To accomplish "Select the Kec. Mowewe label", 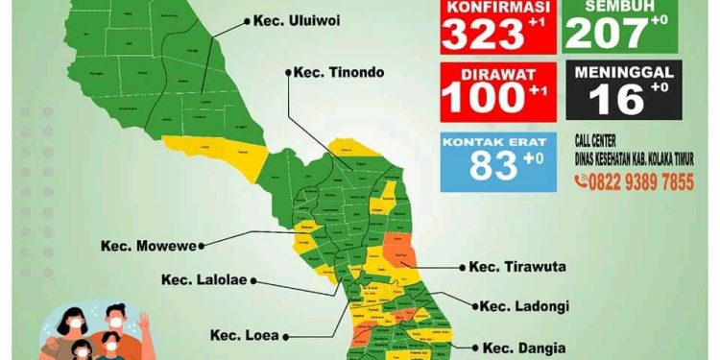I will [x=148, y=246].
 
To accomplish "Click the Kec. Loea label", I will [x=246, y=336].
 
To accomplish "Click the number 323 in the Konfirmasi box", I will [x=482, y=36].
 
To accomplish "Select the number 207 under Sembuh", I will [x=605, y=35].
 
